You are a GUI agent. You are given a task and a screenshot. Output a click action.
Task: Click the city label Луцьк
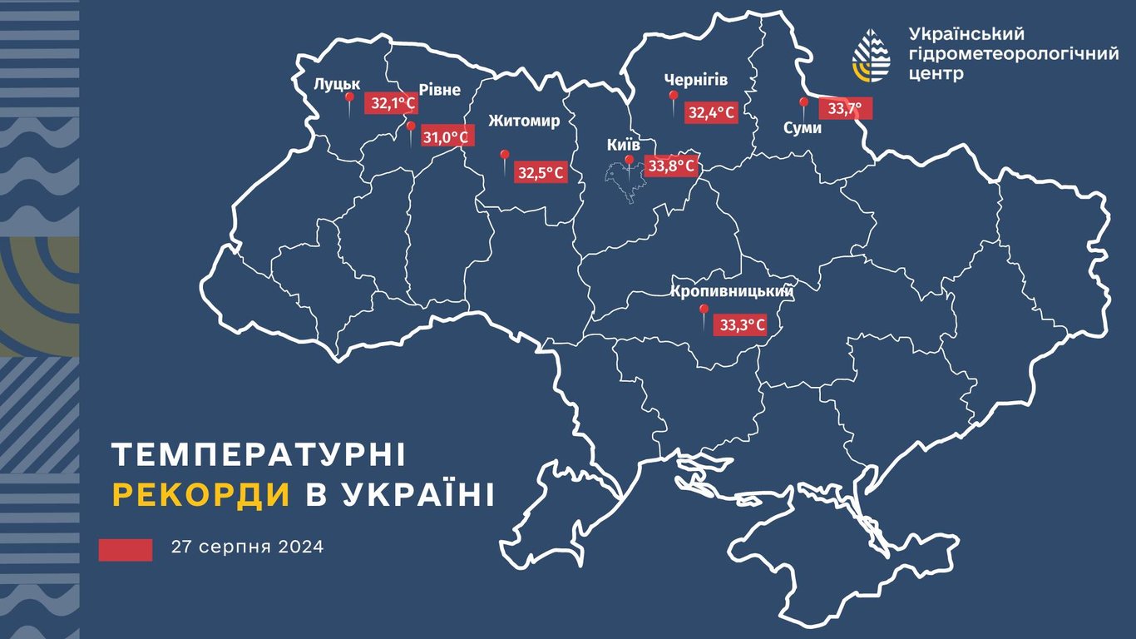point(336,84)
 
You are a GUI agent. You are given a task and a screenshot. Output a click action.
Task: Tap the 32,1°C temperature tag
point(393,103)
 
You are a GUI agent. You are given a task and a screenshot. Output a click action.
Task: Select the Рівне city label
point(439,90)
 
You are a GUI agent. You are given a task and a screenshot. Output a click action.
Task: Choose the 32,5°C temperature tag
point(541,173)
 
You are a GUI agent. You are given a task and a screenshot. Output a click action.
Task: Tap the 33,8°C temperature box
point(670,166)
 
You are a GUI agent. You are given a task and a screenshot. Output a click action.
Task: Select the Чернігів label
point(696,80)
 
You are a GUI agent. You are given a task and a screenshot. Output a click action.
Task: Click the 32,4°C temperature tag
point(712,112)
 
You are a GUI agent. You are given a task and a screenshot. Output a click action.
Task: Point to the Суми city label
point(803,128)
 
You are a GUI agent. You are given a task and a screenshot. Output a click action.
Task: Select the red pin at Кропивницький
point(703,311)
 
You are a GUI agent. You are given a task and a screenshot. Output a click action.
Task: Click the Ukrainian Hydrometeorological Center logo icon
point(871,54)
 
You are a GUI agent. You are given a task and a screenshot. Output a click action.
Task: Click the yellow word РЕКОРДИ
point(201,494)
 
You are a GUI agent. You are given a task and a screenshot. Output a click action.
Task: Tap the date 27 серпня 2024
point(248,547)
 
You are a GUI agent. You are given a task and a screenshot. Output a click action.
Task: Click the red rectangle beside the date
point(126,549)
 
